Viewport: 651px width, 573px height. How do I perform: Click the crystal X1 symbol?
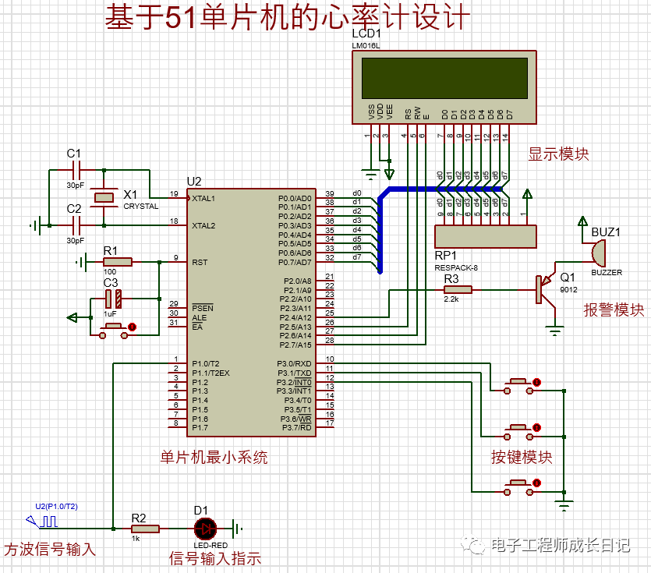[103, 197]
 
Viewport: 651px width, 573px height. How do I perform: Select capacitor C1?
[76, 169]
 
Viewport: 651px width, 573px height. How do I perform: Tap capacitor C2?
[76, 225]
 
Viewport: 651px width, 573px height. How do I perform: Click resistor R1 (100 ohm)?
[117, 262]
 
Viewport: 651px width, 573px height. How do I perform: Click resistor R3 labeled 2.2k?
[453, 289]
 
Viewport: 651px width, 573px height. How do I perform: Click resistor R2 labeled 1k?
[144, 529]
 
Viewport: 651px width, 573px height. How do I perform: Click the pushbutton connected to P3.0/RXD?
[518, 384]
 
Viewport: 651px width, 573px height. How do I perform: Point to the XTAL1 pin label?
[204, 198]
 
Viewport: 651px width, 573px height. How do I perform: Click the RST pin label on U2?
[200, 262]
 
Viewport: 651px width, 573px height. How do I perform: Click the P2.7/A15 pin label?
[295, 345]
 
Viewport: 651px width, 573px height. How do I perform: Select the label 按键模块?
[522, 458]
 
